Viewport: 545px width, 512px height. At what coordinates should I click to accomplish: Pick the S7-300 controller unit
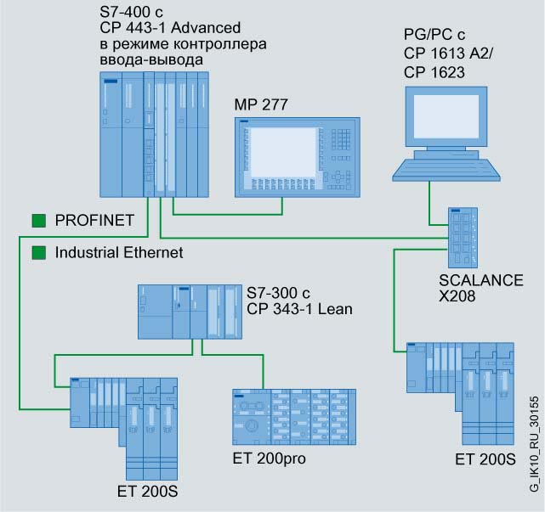pos(191,312)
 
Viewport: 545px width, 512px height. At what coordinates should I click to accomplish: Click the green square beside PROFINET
pos(38,222)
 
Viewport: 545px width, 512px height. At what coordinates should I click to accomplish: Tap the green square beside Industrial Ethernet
pos(38,252)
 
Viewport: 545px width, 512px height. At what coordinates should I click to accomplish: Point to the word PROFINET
pos(94,222)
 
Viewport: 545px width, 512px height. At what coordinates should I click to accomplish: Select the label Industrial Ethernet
pos(119,252)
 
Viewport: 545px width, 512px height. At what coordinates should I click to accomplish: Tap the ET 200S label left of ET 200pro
pos(150,492)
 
